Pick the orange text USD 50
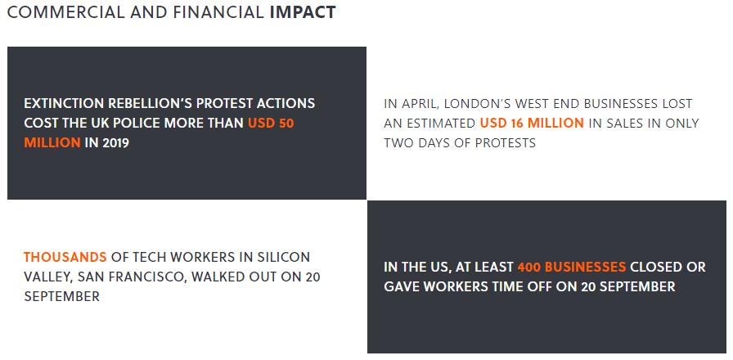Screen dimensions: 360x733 (x=271, y=124)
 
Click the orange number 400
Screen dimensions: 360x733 (x=529, y=268)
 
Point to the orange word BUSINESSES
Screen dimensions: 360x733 (x=586, y=268)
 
